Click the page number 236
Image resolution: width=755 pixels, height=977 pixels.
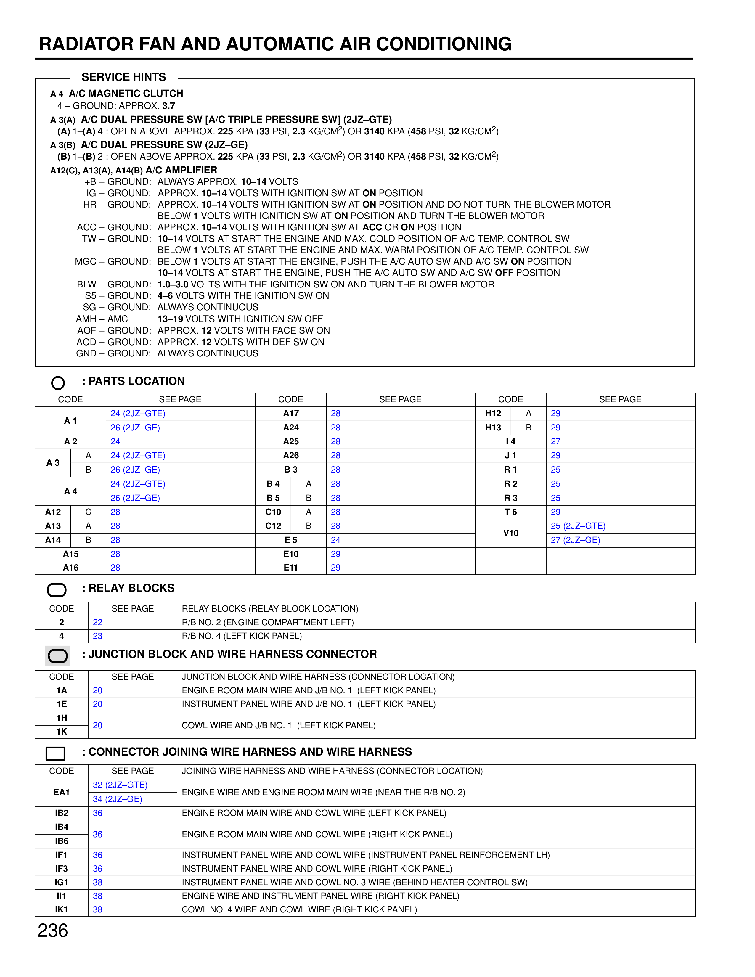click(x=53, y=931)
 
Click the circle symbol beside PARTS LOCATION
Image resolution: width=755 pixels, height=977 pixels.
click(x=58, y=383)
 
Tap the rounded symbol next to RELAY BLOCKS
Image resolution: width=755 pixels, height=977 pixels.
click(x=57, y=589)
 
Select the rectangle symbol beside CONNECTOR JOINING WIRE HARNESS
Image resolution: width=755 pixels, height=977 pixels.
click(x=55, y=753)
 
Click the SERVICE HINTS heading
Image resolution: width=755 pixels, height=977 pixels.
click(x=123, y=77)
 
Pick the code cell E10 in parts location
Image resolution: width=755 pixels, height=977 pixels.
click(x=291, y=554)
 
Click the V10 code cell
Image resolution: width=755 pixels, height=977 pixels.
click(x=510, y=533)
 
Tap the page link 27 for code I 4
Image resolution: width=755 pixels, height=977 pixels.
click(x=555, y=441)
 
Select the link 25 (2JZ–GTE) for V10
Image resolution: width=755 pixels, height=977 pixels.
click(x=578, y=526)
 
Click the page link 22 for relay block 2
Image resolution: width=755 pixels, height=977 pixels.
click(x=97, y=622)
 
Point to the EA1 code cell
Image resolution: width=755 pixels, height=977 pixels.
click(x=62, y=792)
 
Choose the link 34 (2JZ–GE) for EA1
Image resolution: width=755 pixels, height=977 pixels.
click(x=117, y=799)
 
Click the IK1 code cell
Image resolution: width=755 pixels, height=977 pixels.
click(x=62, y=909)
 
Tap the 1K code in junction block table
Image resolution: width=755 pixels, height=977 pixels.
click(x=62, y=731)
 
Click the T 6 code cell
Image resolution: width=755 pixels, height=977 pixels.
click(x=510, y=512)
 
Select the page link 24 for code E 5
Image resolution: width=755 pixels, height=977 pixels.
click(x=335, y=540)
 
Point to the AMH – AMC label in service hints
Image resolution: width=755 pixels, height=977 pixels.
click(x=102, y=319)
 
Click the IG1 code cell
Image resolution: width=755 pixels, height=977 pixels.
click(x=62, y=882)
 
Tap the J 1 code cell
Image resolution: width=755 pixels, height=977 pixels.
click(x=510, y=455)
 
